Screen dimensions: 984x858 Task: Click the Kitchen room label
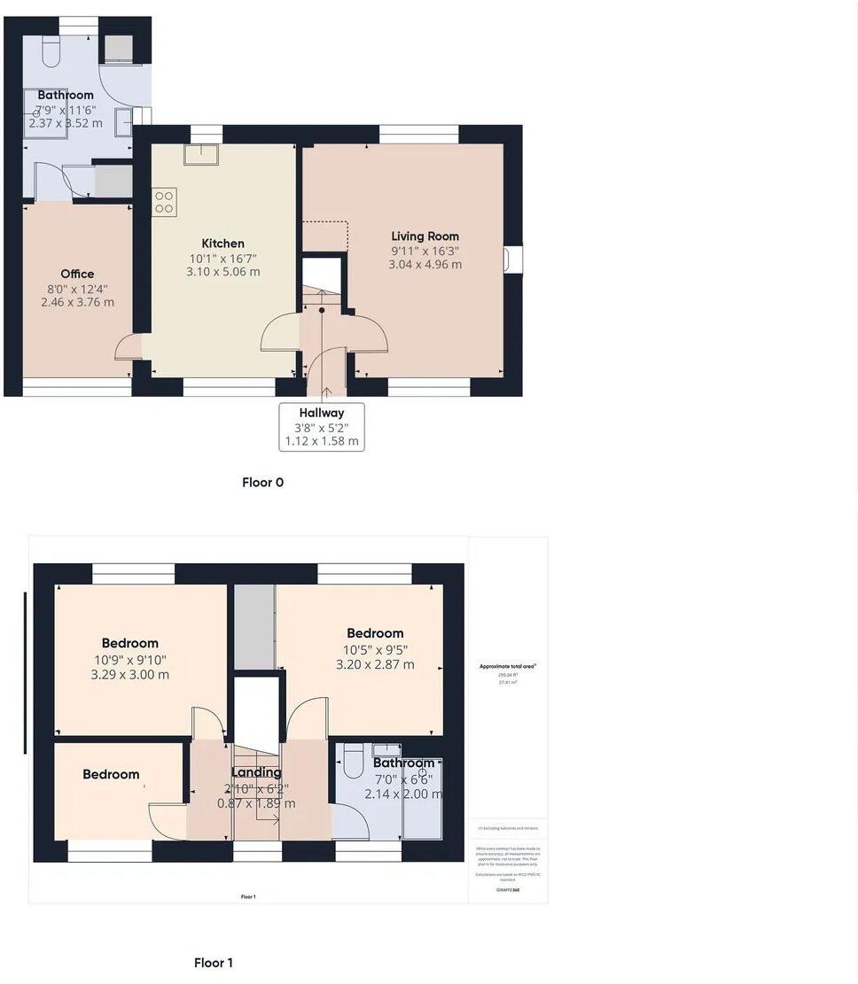point(222,244)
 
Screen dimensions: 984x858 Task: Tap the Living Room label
point(425,236)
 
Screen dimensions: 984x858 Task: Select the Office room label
point(77,274)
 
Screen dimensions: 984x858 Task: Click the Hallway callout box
point(321,426)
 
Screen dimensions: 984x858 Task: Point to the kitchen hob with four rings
point(164,201)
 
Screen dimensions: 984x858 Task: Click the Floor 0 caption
point(262,483)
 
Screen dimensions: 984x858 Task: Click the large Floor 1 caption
point(214,963)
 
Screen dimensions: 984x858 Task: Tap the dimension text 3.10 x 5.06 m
point(222,272)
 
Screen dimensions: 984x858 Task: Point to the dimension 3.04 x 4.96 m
point(425,264)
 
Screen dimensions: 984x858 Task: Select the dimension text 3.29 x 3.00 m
point(129,674)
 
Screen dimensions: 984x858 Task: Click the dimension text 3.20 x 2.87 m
point(375,664)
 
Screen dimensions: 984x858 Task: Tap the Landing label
point(256,772)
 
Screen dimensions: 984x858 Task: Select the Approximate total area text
point(508,665)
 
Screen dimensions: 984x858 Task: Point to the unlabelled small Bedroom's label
point(111,774)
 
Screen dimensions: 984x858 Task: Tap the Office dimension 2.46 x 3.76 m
point(77,302)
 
